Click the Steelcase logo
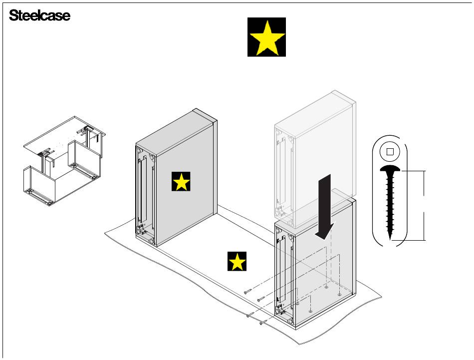[40, 16]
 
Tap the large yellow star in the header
[267, 37]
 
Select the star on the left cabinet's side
[181, 182]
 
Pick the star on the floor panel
[237, 262]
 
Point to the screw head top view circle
[390, 152]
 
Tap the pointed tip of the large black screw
[390, 238]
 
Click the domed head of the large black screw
[390, 170]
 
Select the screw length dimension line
[425, 205]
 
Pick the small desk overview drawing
[65, 160]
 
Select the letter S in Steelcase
[13, 16]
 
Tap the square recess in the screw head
[390, 152]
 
